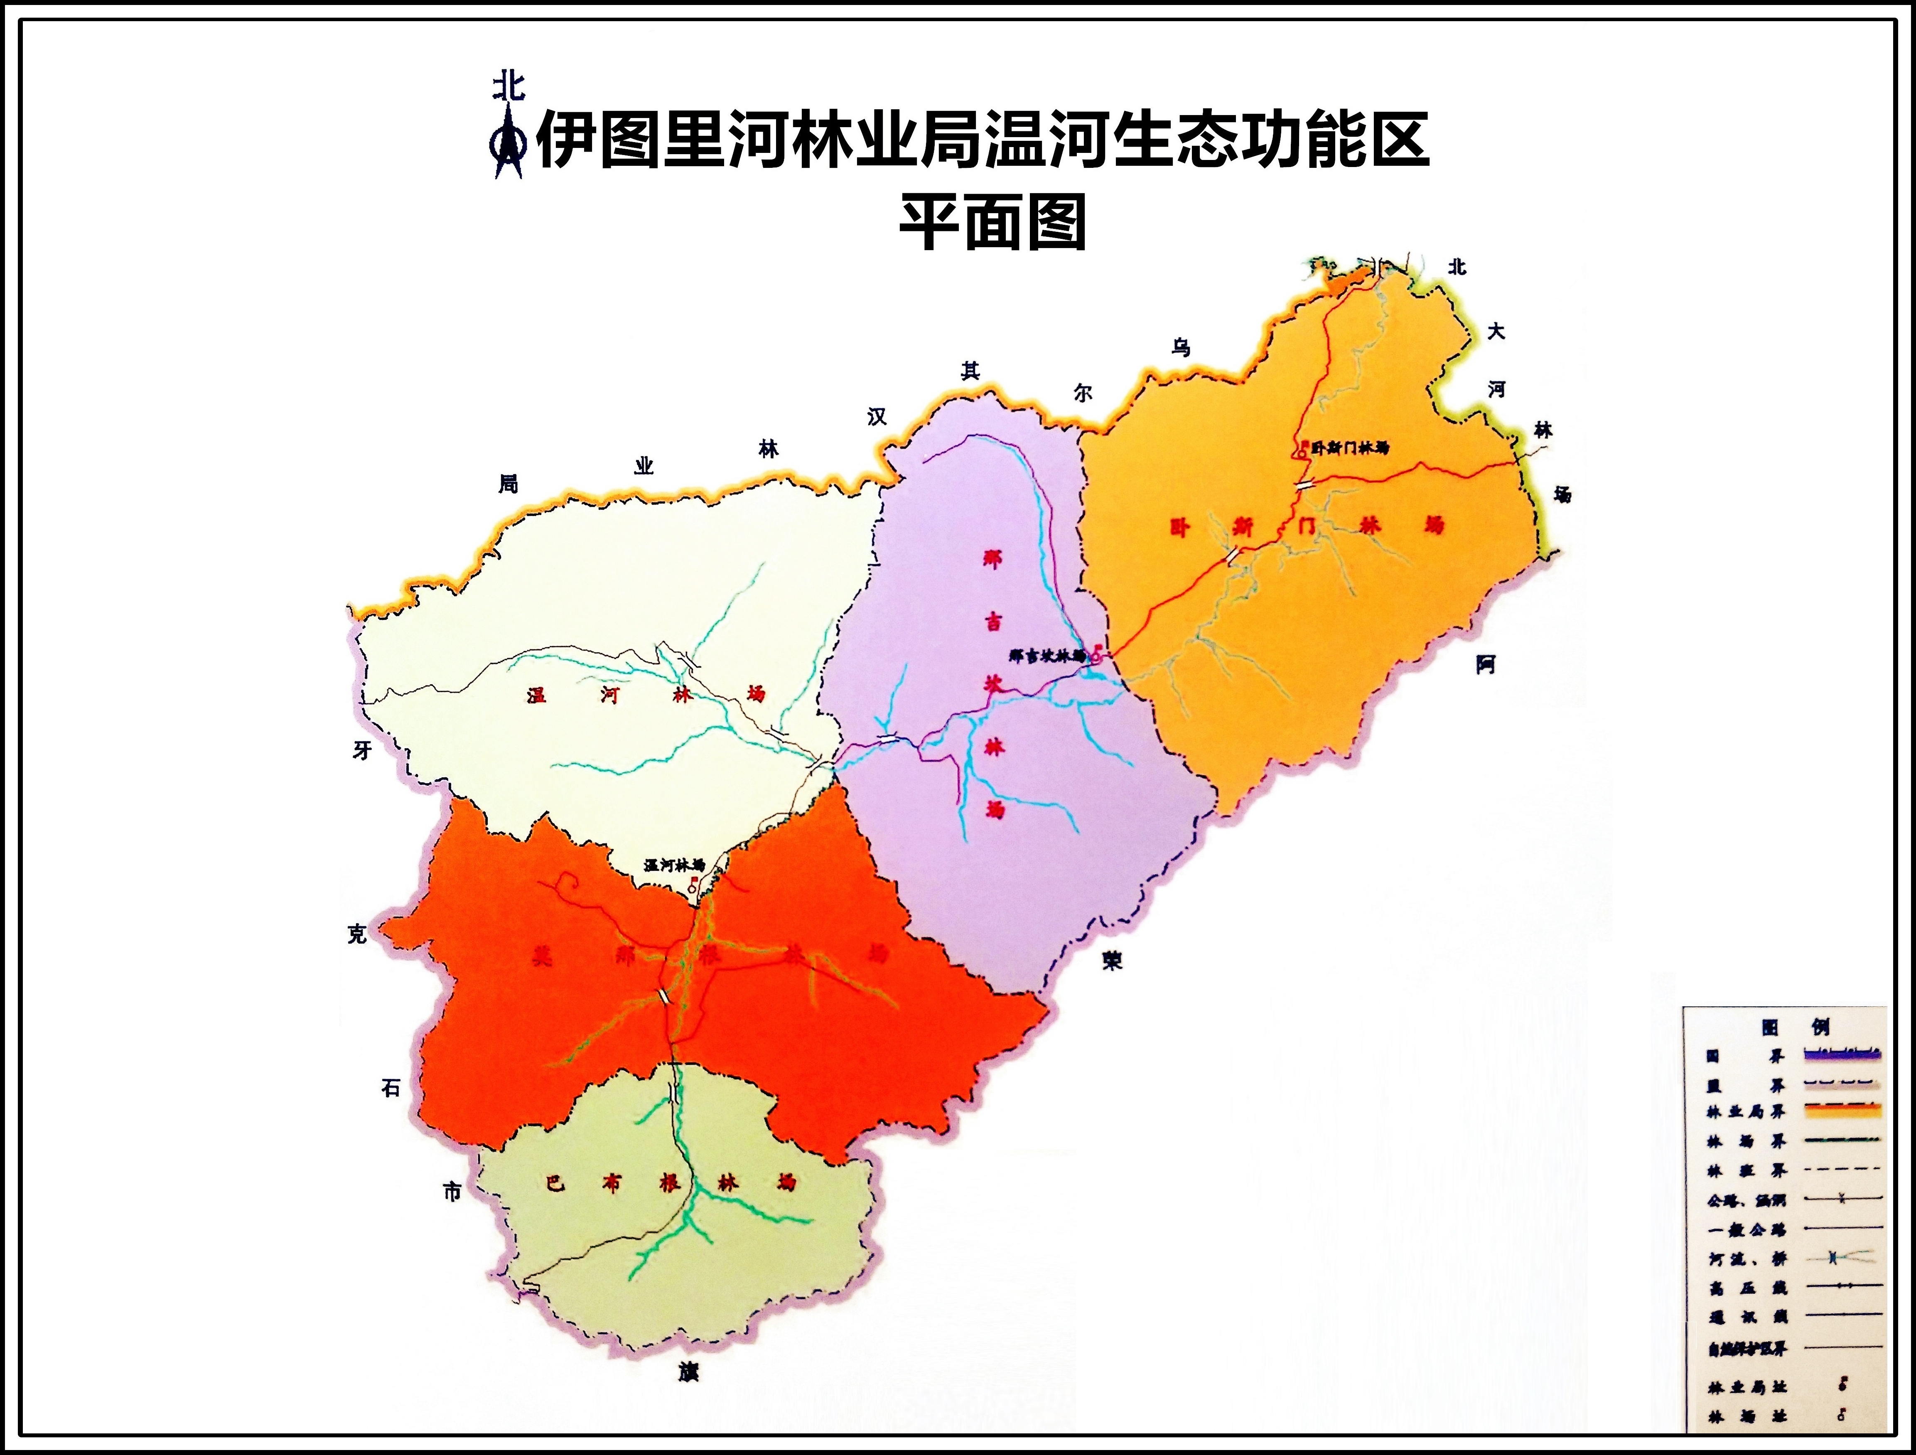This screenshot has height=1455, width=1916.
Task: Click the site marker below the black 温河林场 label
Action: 693,885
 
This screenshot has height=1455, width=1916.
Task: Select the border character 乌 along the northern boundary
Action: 1181,348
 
